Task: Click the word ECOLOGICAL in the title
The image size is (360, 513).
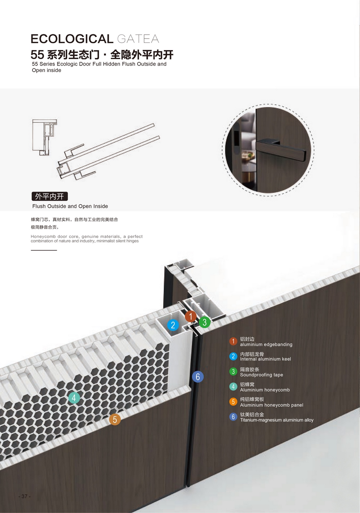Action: [72, 39]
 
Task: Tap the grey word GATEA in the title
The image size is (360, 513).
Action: [138, 39]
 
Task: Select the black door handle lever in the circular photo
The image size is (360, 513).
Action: [281, 150]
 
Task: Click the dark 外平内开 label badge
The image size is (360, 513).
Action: [50, 196]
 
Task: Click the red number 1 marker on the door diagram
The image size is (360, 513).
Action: [191, 316]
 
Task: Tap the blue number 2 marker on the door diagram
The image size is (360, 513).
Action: [173, 325]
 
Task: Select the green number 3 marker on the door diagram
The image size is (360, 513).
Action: [204, 322]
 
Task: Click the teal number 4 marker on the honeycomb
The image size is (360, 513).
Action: [74, 398]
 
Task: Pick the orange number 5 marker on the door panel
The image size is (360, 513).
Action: [115, 419]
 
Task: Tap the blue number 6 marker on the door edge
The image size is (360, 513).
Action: [198, 376]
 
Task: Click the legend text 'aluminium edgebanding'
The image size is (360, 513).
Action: [266, 344]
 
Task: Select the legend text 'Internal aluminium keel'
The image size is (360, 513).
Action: [265, 359]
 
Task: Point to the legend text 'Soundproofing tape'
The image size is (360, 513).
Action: [262, 375]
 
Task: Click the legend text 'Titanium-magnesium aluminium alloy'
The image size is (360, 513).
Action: [277, 420]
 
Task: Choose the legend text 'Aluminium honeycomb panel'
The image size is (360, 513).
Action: [272, 405]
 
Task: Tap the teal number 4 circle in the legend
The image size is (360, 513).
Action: [233, 387]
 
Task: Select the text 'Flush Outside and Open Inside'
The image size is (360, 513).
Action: [70, 206]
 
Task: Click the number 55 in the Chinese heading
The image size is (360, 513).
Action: [37, 55]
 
